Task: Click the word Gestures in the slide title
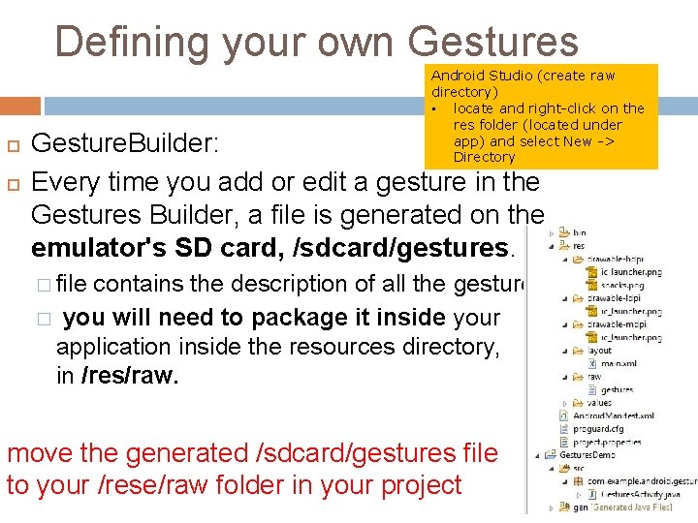(x=493, y=42)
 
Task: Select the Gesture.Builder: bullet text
(x=126, y=144)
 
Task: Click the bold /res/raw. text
(x=130, y=376)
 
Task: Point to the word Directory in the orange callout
(x=484, y=157)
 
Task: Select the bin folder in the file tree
(x=579, y=232)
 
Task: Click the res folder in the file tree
(x=579, y=246)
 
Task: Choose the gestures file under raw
(x=617, y=389)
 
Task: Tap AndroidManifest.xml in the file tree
(x=613, y=415)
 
